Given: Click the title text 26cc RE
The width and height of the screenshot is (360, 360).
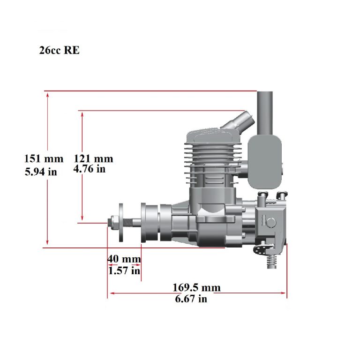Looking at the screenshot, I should (x=60, y=51).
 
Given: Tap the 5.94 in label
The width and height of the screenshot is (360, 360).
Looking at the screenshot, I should (x=41, y=172).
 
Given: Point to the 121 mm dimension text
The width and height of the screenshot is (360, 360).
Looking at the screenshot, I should (x=94, y=159).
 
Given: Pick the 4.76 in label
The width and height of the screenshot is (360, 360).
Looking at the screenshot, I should (x=90, y=169).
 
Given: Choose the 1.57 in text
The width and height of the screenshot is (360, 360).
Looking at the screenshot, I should (x=124, y=270).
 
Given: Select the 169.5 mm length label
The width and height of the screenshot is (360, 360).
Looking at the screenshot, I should (x=197, y=287).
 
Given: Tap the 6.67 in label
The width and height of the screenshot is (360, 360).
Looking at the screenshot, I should (x=191, y=299).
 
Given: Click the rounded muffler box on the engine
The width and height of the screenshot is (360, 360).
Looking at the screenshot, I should (x=265, y=160).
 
